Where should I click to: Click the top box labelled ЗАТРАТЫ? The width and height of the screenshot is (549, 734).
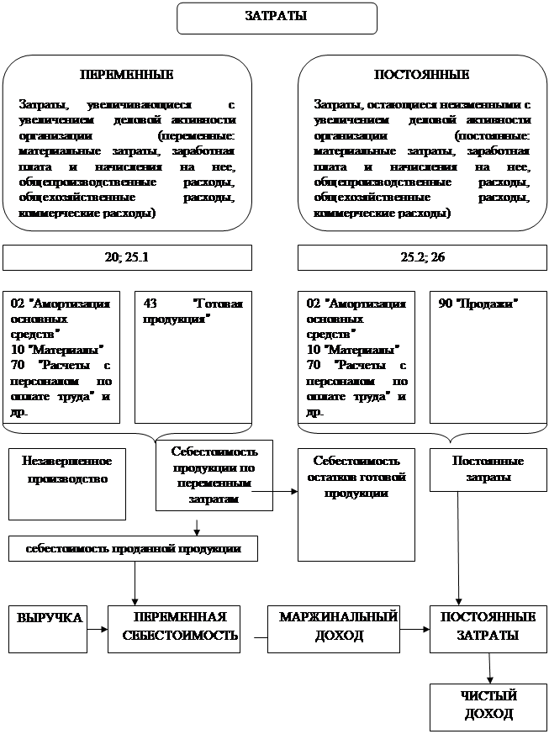point(276,17)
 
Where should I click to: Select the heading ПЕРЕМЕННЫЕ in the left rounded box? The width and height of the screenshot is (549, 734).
point(126,75)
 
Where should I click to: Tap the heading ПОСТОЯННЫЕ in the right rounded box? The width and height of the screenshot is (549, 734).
point(421,75)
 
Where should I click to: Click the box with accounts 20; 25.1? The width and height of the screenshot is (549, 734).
point(127,257)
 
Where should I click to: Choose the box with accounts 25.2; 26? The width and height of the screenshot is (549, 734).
point(421,257)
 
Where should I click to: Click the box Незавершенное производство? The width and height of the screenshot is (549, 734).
point(66,472)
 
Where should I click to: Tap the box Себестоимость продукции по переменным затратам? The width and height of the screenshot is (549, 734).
point(214,475)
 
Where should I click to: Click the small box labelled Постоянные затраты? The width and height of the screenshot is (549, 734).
point(488,470)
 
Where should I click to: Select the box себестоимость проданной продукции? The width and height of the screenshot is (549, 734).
point(133,549)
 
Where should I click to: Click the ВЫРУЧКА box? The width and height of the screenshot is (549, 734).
point(49,628)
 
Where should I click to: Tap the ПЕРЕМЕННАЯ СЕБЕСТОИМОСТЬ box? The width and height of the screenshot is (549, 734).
point(174,628)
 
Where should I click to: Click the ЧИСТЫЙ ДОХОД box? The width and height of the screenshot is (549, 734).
point(488,706)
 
